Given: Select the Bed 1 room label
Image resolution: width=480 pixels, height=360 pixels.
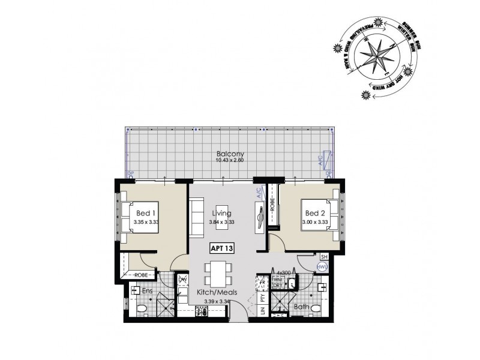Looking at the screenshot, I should coord(146,214).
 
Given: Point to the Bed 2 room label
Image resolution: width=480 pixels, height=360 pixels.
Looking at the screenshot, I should coord(316,214).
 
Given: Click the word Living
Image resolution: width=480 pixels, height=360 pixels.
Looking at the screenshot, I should coord(222,214).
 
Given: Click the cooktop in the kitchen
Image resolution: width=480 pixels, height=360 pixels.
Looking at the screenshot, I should coord(200,310).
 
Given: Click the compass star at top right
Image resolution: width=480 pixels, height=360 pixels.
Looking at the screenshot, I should coord(376,55).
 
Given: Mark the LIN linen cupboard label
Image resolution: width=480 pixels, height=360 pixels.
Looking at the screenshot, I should coord(262,311).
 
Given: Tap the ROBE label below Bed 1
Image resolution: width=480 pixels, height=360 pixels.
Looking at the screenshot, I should coord(142,275).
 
